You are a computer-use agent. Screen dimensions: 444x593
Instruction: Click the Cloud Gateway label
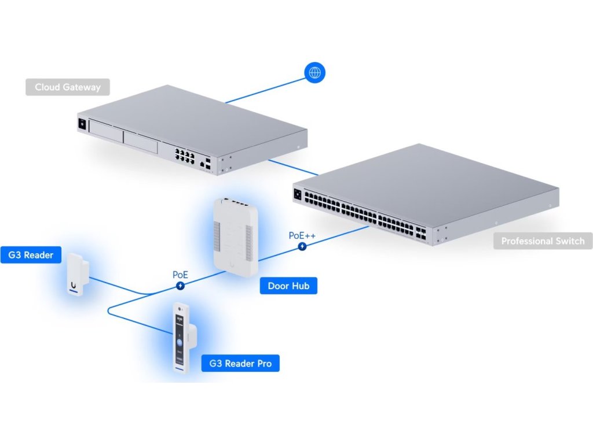[68, 87]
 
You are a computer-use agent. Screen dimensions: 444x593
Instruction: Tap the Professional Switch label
[543, 241]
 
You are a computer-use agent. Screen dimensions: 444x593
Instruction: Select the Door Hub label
[288, 286]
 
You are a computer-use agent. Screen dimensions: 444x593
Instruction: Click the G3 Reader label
[31, 255]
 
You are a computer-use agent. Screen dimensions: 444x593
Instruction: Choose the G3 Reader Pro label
[240, 364]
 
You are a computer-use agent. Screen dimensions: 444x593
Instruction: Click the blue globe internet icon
[315, 73]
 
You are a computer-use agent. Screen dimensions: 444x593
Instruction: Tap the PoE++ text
[302, 236]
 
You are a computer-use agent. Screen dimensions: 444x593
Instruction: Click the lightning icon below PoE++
[302, 247]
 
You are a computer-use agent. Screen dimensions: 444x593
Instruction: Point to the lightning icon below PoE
[181, 286]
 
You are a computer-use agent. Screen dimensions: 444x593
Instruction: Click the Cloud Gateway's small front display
[82, 123]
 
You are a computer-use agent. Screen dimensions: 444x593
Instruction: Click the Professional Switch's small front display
[298, 194]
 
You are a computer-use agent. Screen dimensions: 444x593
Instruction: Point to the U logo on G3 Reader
[74, 284]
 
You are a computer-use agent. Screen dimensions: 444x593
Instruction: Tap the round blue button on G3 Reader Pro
[180, 342]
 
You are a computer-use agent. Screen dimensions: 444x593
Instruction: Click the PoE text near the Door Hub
[180, 275]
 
